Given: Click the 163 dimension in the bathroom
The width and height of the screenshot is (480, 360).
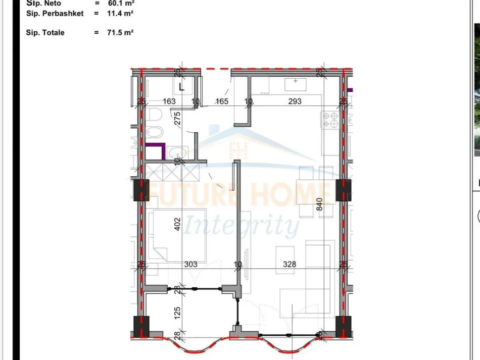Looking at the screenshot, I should pyautogui.click(x=169, y=101).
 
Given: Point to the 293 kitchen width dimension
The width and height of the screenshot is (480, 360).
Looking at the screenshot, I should pyautogui.click(x=295, y=101).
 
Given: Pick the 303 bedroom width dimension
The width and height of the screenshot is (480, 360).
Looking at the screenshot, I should pyautogui.click(x=191, y=264).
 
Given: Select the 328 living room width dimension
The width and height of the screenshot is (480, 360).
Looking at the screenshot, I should pyautogui.click(x=290, y=264).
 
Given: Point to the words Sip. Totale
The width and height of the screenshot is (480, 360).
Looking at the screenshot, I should pyautogui.click(x=45, y=32).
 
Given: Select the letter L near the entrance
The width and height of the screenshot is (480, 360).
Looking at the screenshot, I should pyautogui.click(x=181, y=86).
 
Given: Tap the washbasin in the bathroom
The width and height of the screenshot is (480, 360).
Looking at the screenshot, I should pyautogui.click(x=176, y=152).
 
